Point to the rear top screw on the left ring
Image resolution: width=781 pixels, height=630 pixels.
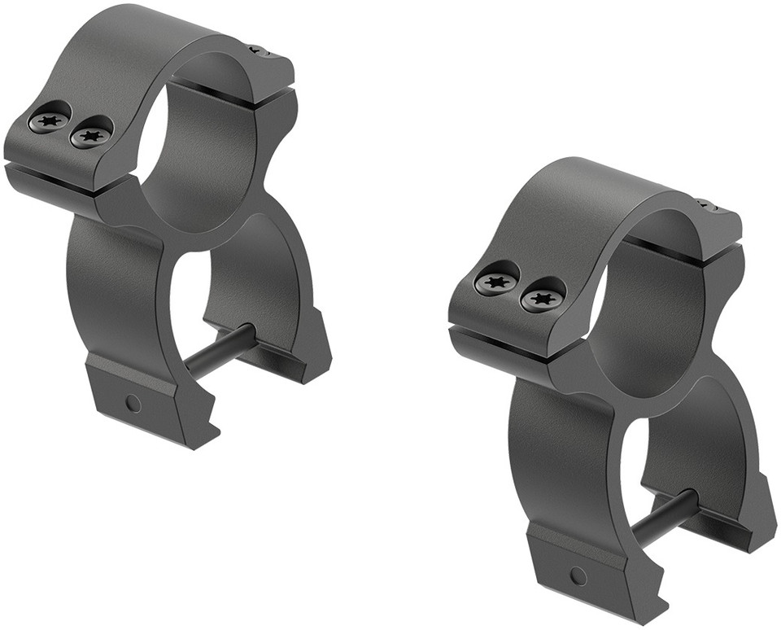(x=258, y=51)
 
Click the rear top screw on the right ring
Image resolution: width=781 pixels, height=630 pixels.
(x=705, y=205)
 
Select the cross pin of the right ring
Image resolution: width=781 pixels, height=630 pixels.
(x=664, y=518)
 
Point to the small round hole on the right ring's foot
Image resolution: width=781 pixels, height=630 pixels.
(x=578, y=576)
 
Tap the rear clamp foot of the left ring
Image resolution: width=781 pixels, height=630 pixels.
(x=305, y=358)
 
